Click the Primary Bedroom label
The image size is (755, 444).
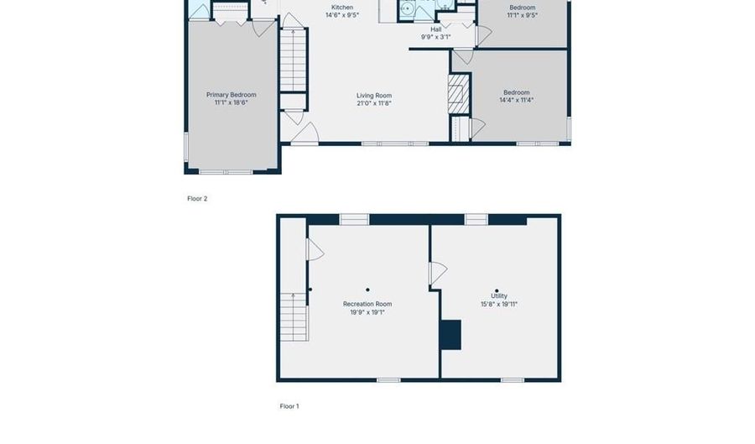tap(231, 95)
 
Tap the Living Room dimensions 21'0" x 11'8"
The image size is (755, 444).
tap(373, 103)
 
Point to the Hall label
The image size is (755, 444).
tap(435, 29)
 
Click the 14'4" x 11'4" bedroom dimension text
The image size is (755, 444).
tap(516, 100)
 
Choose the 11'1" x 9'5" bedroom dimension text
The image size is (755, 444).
tap(522, 15)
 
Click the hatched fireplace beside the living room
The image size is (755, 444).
tap(458, 93)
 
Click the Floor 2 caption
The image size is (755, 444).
tap(197, 199)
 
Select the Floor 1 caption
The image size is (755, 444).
tap(289, 406)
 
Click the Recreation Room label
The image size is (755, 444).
tap(367, 304)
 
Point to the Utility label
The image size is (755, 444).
tap(498, 296)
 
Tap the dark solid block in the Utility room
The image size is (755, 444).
tap(450, 334)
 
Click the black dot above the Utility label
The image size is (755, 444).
tap(497, 290)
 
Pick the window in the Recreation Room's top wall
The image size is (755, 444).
tap(354, 220)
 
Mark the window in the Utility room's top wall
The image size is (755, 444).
tap(476, 220)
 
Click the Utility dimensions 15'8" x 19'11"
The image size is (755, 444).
tap(498, 304)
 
